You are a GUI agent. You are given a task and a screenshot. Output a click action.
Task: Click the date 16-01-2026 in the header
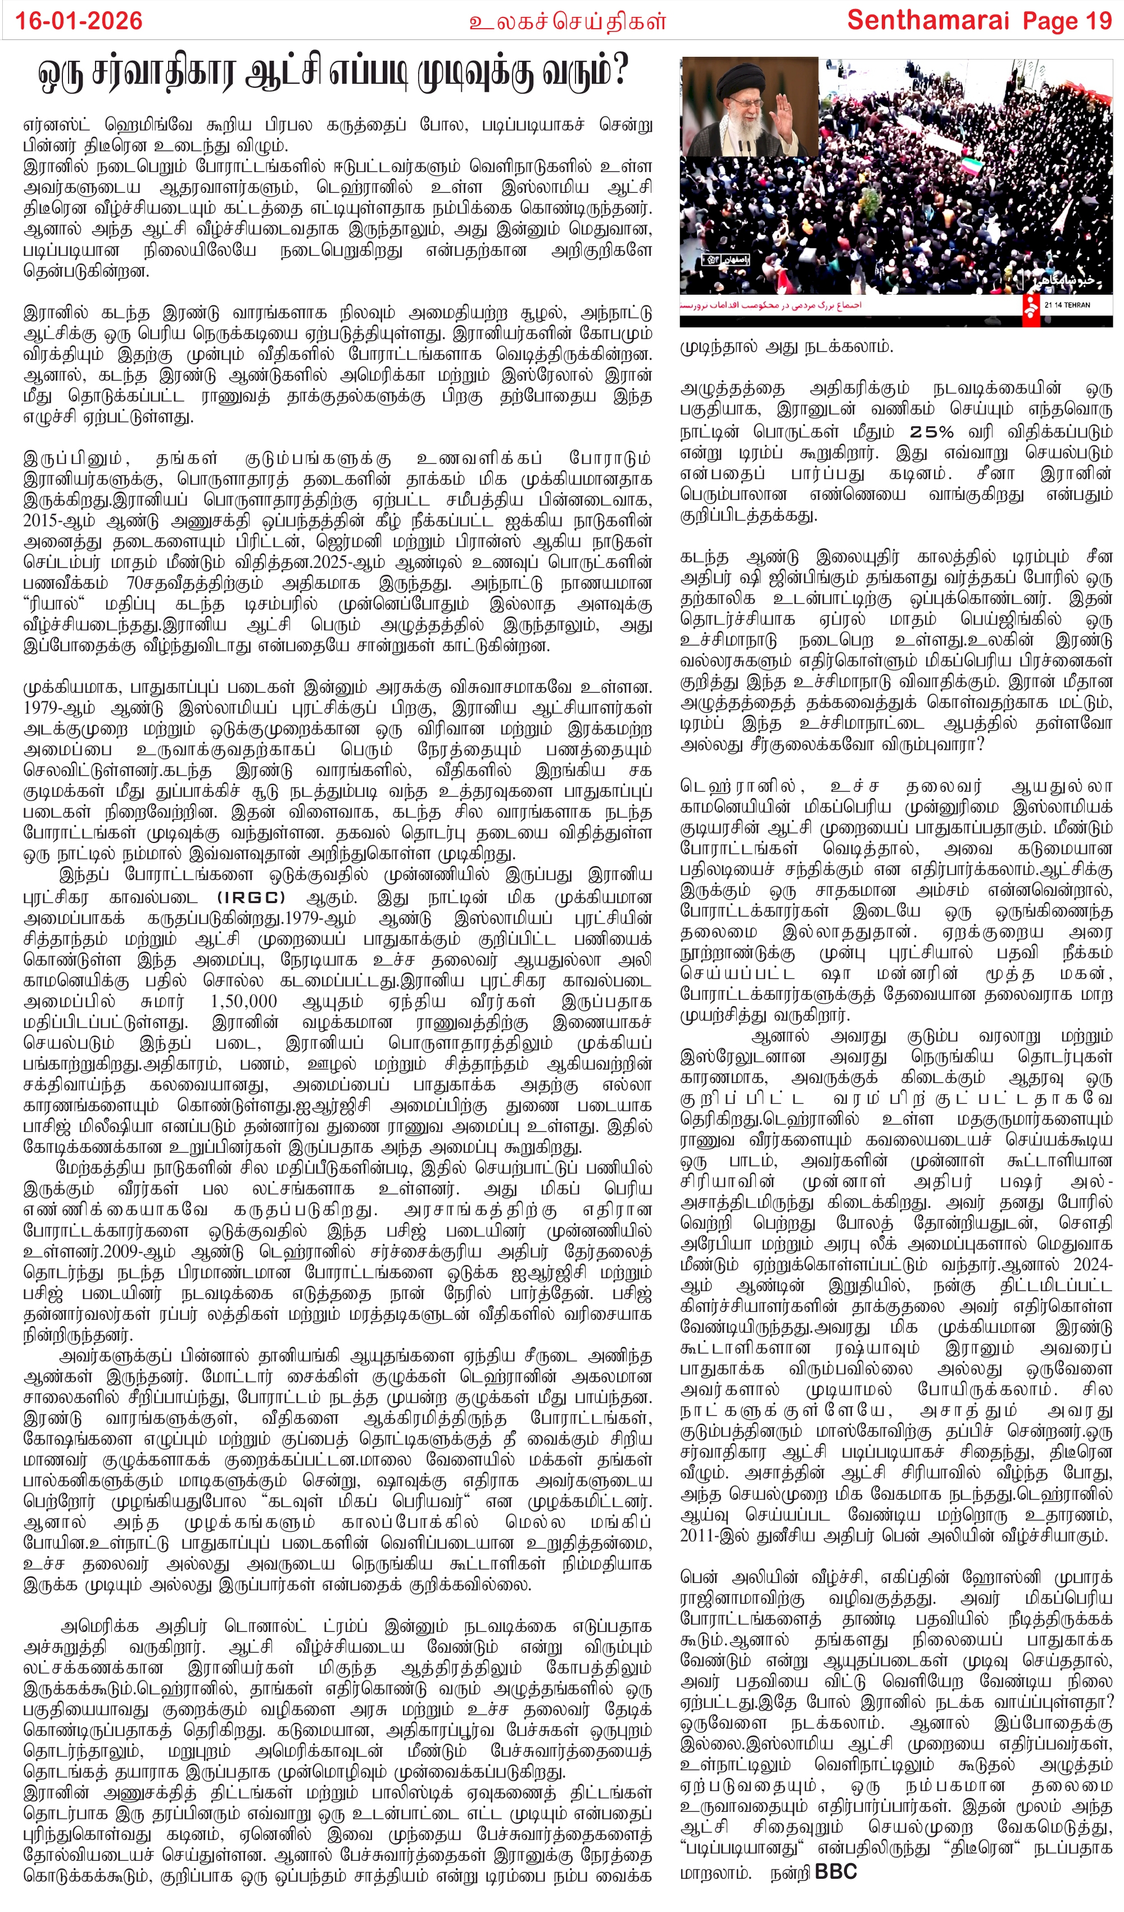click(x=79, y=20)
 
